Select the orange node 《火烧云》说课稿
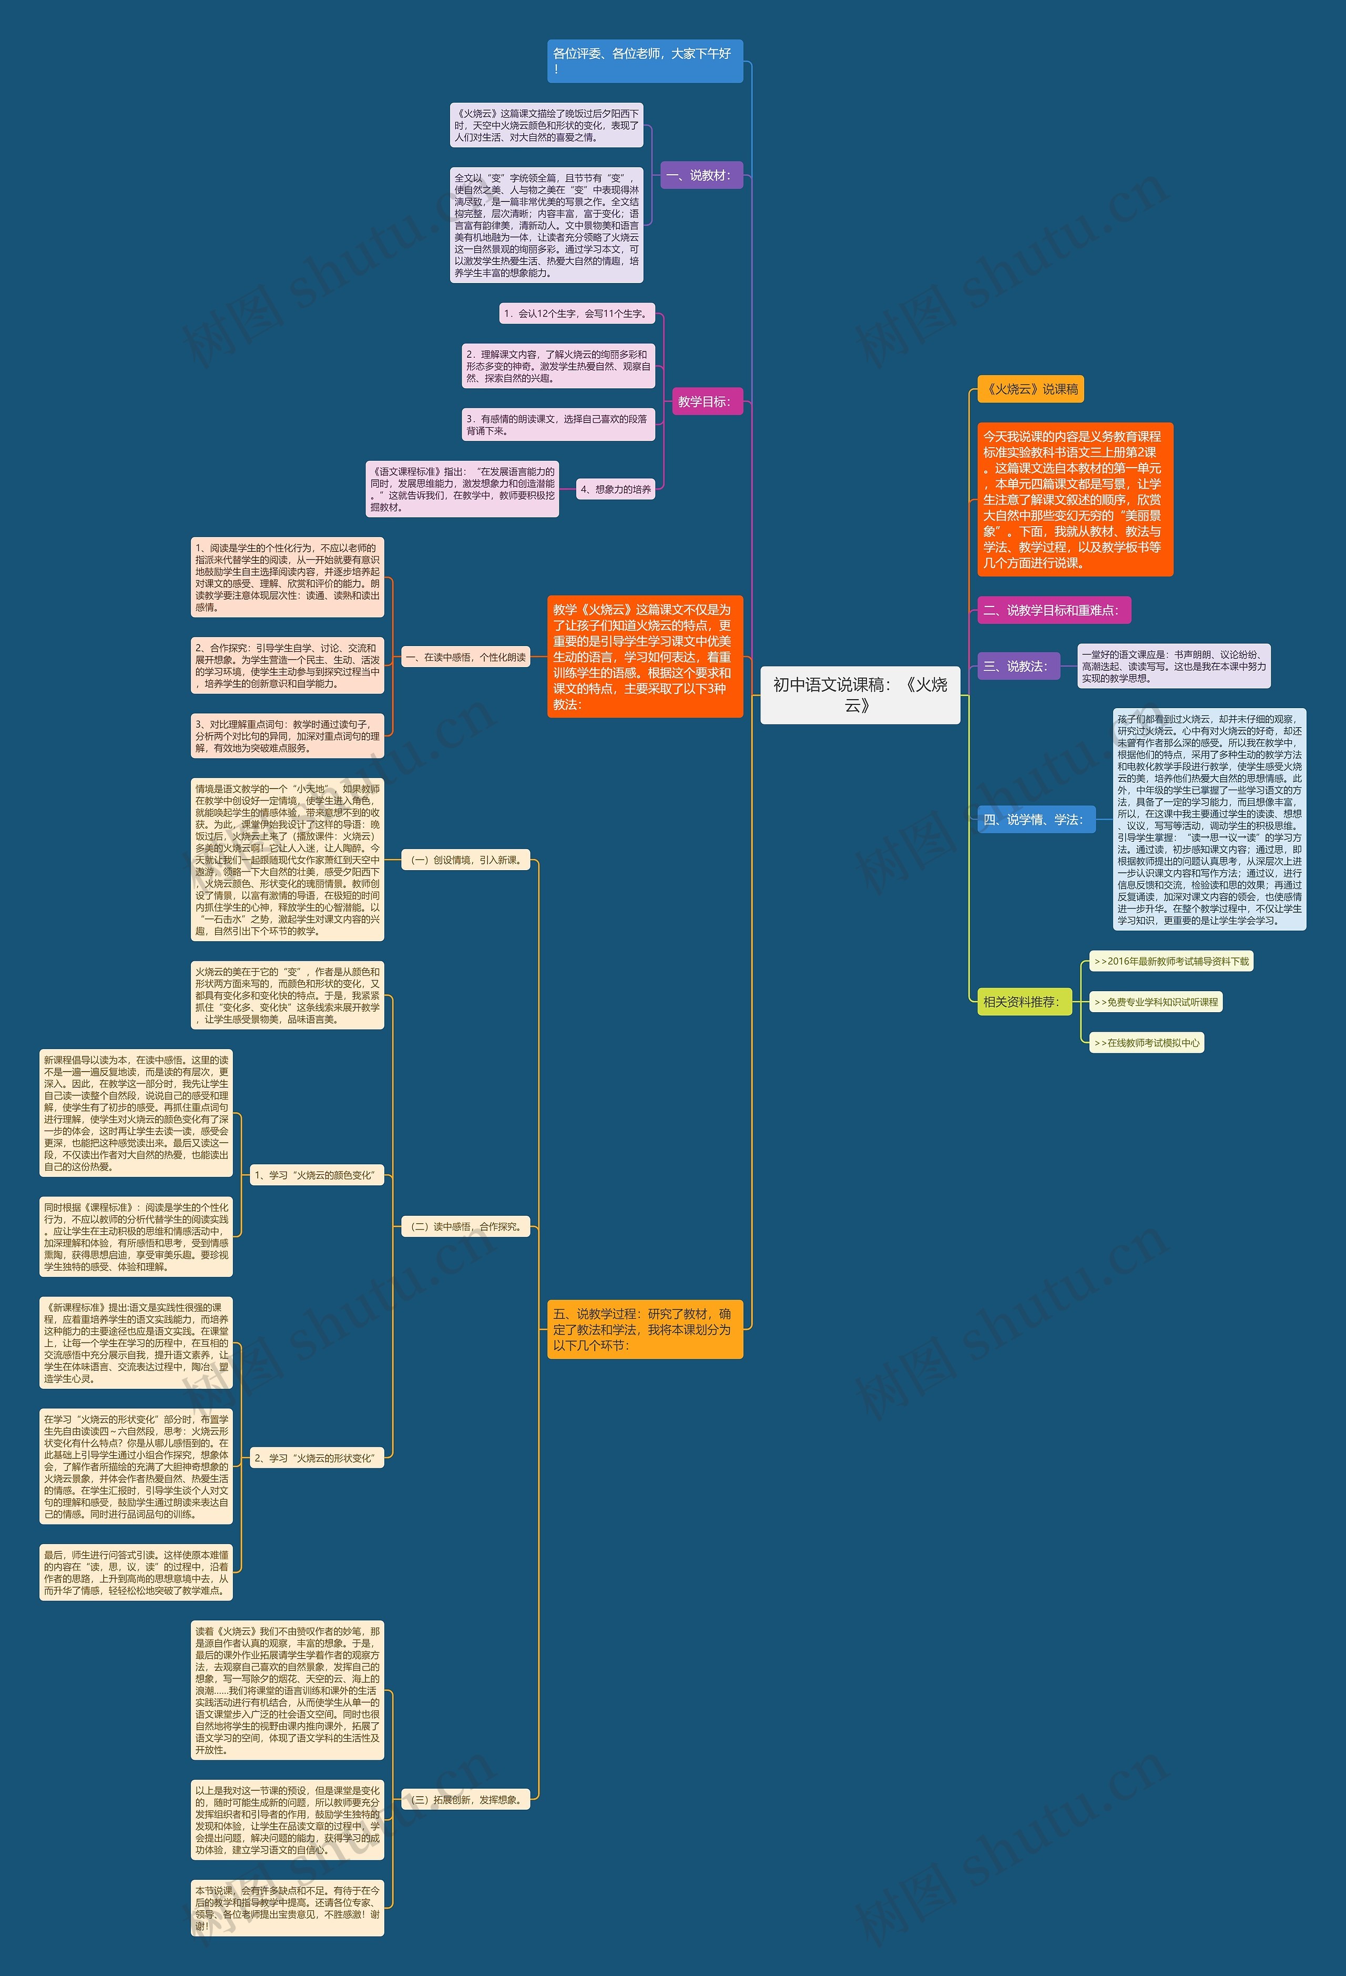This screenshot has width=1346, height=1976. point(1030,389)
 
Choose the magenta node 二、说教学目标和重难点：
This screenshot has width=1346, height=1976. point(1053,610)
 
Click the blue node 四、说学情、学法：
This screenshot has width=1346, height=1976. point(1035,820)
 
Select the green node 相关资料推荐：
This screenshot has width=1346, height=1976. point(1022,1002)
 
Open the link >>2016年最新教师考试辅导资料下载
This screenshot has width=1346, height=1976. point(1171,962)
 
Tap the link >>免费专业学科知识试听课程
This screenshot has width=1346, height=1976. point(1156,1002)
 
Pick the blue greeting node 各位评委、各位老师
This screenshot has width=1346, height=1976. point(644,61)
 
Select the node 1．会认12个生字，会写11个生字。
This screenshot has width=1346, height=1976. point(576,314)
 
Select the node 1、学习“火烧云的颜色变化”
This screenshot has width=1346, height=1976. point(316,1175)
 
